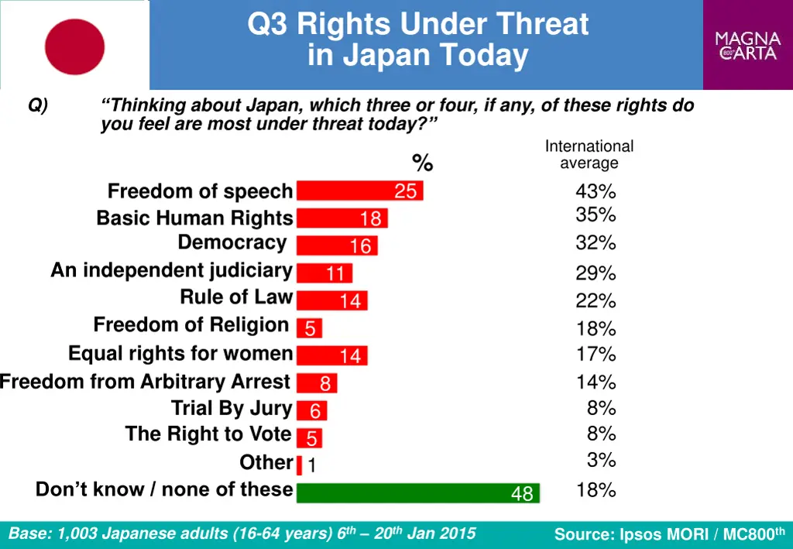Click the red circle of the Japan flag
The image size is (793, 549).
pos(74,46)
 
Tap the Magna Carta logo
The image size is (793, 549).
pos(747,46)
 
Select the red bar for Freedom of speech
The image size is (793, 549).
pos(359,190)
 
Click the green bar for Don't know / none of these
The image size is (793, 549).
pos(417,492)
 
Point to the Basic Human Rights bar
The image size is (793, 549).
pos(342,218)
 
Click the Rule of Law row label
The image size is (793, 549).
pos(236,297)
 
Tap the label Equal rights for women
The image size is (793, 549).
pos(180,354)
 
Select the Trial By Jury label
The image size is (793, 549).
pos(232,408)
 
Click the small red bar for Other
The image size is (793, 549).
pos(299,465)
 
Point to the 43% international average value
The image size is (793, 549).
pos(596,191)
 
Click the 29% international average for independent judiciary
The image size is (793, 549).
pos(596,273)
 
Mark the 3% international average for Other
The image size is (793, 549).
pos(601,460)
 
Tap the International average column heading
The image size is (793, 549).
pos(589,154)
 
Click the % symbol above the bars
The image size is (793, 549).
pos(423,163)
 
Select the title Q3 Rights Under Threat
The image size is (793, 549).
pos(418,25)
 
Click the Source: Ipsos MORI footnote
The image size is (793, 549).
pos(669,534)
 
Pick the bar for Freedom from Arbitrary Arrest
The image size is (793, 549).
pos(317,383)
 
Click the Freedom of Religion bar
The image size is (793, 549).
pos(309,328)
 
